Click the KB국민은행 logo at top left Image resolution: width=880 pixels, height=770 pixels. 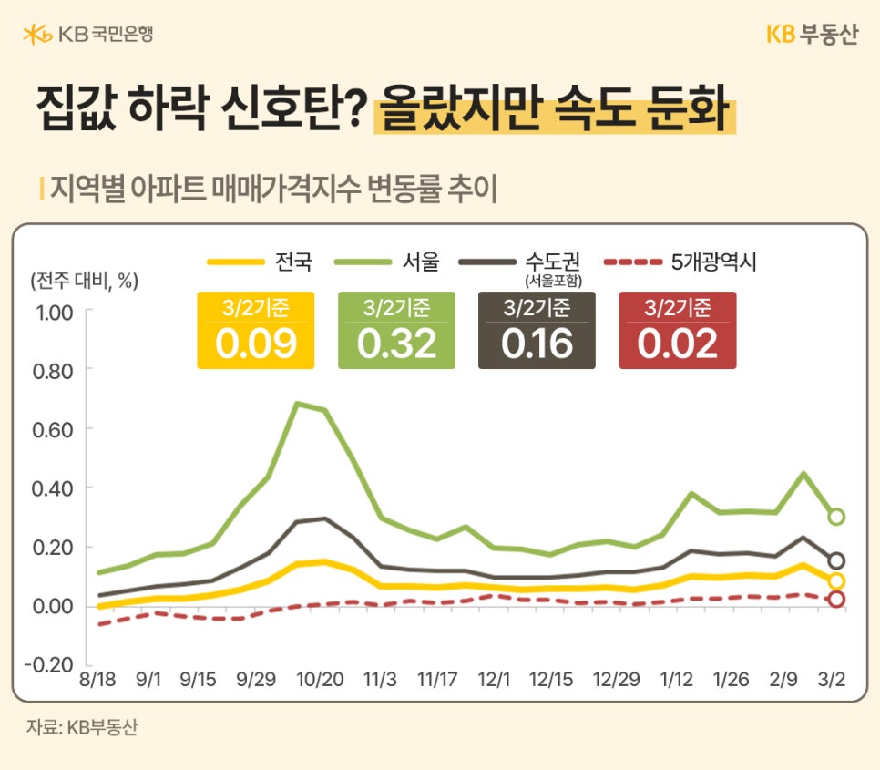(87, 35)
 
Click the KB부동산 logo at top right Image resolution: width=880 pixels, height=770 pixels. (812, 35)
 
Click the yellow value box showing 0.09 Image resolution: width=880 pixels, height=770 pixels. (256, 331)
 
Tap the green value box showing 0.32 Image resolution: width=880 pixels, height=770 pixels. (396, 331)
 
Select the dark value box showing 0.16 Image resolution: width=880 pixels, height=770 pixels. (537, 331)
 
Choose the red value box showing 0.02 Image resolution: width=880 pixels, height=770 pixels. (678, 331)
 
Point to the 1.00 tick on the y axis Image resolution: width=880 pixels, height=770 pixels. (55, 313)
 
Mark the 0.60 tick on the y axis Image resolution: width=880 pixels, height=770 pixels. (55, 429)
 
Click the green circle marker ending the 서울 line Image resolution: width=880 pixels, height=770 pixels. (836, 517)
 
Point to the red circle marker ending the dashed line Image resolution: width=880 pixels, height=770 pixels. (836, 599)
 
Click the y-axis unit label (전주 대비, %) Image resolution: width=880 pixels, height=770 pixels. (84, 280)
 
